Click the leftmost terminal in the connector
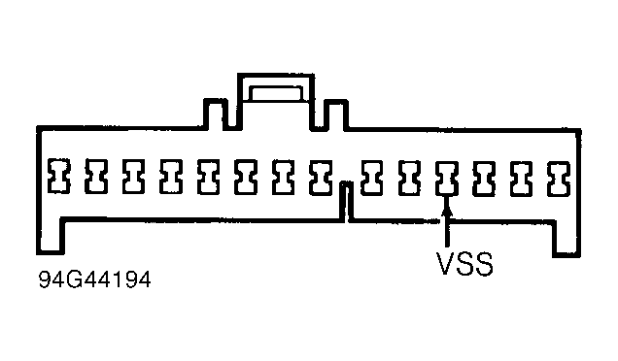(x=59, y=176)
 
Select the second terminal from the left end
(x=96, y=176)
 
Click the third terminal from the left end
(x=133, y=176)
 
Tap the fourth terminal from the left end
(x=170, y=176)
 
